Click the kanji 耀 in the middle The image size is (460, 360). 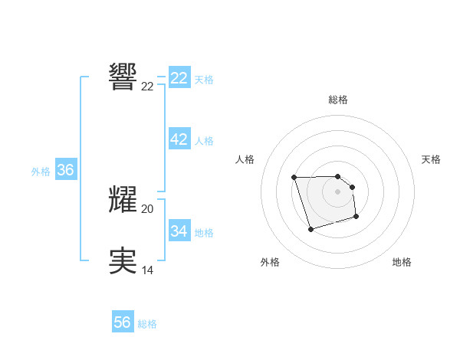(123, 198)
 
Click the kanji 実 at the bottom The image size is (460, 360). (123, 260)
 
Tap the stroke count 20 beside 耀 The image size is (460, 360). (147, 208)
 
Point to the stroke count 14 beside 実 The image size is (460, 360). (147, 270)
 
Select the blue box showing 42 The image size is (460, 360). (179, 139)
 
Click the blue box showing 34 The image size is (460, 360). (179, 231)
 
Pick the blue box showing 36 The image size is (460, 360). (65, 170)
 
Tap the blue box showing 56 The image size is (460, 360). (122, 322)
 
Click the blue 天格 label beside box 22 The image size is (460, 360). (204, 80)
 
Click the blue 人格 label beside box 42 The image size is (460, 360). (204, 141)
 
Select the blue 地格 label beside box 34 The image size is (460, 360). (204, 232)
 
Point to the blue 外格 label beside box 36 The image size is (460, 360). (41, 172)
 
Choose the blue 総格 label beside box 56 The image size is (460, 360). (147, 324)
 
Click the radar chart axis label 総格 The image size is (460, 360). (338, 100)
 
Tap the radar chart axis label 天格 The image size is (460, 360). (431, 159)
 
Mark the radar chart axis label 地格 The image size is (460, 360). (402, 262)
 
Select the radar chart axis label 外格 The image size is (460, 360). (270, 262)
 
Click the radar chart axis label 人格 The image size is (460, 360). (245, 159)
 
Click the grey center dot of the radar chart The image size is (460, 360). (337, 191)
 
